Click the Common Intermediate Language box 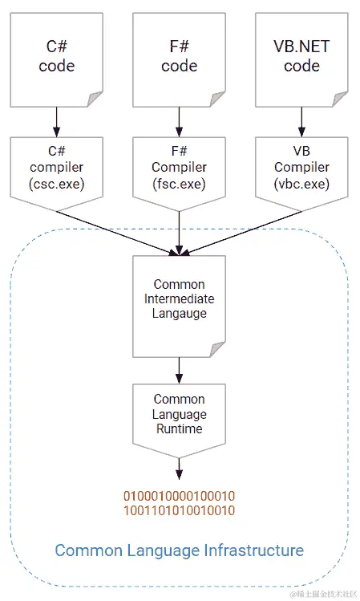[x=179, y=305]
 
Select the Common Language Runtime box [x=179, y=414]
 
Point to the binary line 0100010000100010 [x=179, y=495]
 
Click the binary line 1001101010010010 [x=179, y=510]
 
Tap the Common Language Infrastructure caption [x=179, y=550]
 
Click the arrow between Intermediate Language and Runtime [x=179, y=368]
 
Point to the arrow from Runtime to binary [x=179, y=469]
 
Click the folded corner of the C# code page [x=95, y=99]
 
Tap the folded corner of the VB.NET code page [x=341, y=99]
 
